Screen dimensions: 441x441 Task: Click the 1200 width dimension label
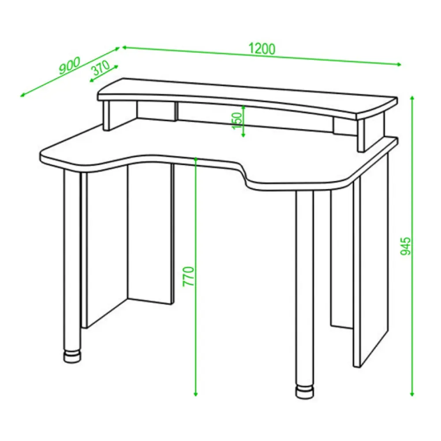(262, 49)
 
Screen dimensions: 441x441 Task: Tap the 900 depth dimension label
(70, 66)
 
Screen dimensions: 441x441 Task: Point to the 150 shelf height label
(237, 121)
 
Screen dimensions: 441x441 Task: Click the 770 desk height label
(188, 277)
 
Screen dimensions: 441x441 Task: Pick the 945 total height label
(406, 246)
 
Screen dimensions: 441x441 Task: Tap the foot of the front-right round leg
(305, 392)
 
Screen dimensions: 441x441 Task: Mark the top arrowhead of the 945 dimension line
(412, 98)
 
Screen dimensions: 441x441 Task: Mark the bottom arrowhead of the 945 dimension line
(412, 394)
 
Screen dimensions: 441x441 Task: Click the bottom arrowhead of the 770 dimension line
(196, 394)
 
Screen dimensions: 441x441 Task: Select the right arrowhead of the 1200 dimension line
(399, 64)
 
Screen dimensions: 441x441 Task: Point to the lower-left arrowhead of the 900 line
(22, 95)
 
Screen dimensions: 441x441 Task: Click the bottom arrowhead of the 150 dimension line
(243, 135)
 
